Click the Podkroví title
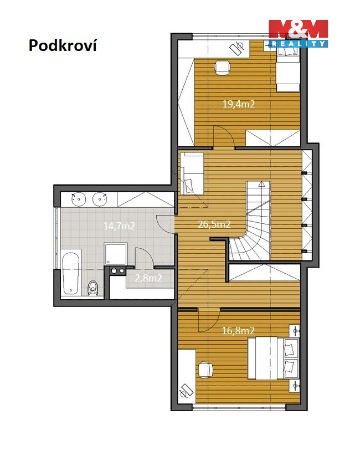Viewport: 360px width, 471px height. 63,45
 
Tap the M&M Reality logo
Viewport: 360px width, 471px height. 298,33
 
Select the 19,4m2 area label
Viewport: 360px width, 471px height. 239,104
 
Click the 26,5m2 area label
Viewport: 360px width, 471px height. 214,224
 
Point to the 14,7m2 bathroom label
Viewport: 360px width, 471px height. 119,226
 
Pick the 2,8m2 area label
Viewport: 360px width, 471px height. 148,278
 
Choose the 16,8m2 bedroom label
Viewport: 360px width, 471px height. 238,331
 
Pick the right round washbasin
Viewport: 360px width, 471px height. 100,199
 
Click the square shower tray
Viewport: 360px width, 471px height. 116,254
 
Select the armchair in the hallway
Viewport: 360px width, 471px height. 192,173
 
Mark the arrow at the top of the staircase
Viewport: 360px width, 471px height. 261,184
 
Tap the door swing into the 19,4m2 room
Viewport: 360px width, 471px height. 223,137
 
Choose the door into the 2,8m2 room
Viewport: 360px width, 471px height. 145,257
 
